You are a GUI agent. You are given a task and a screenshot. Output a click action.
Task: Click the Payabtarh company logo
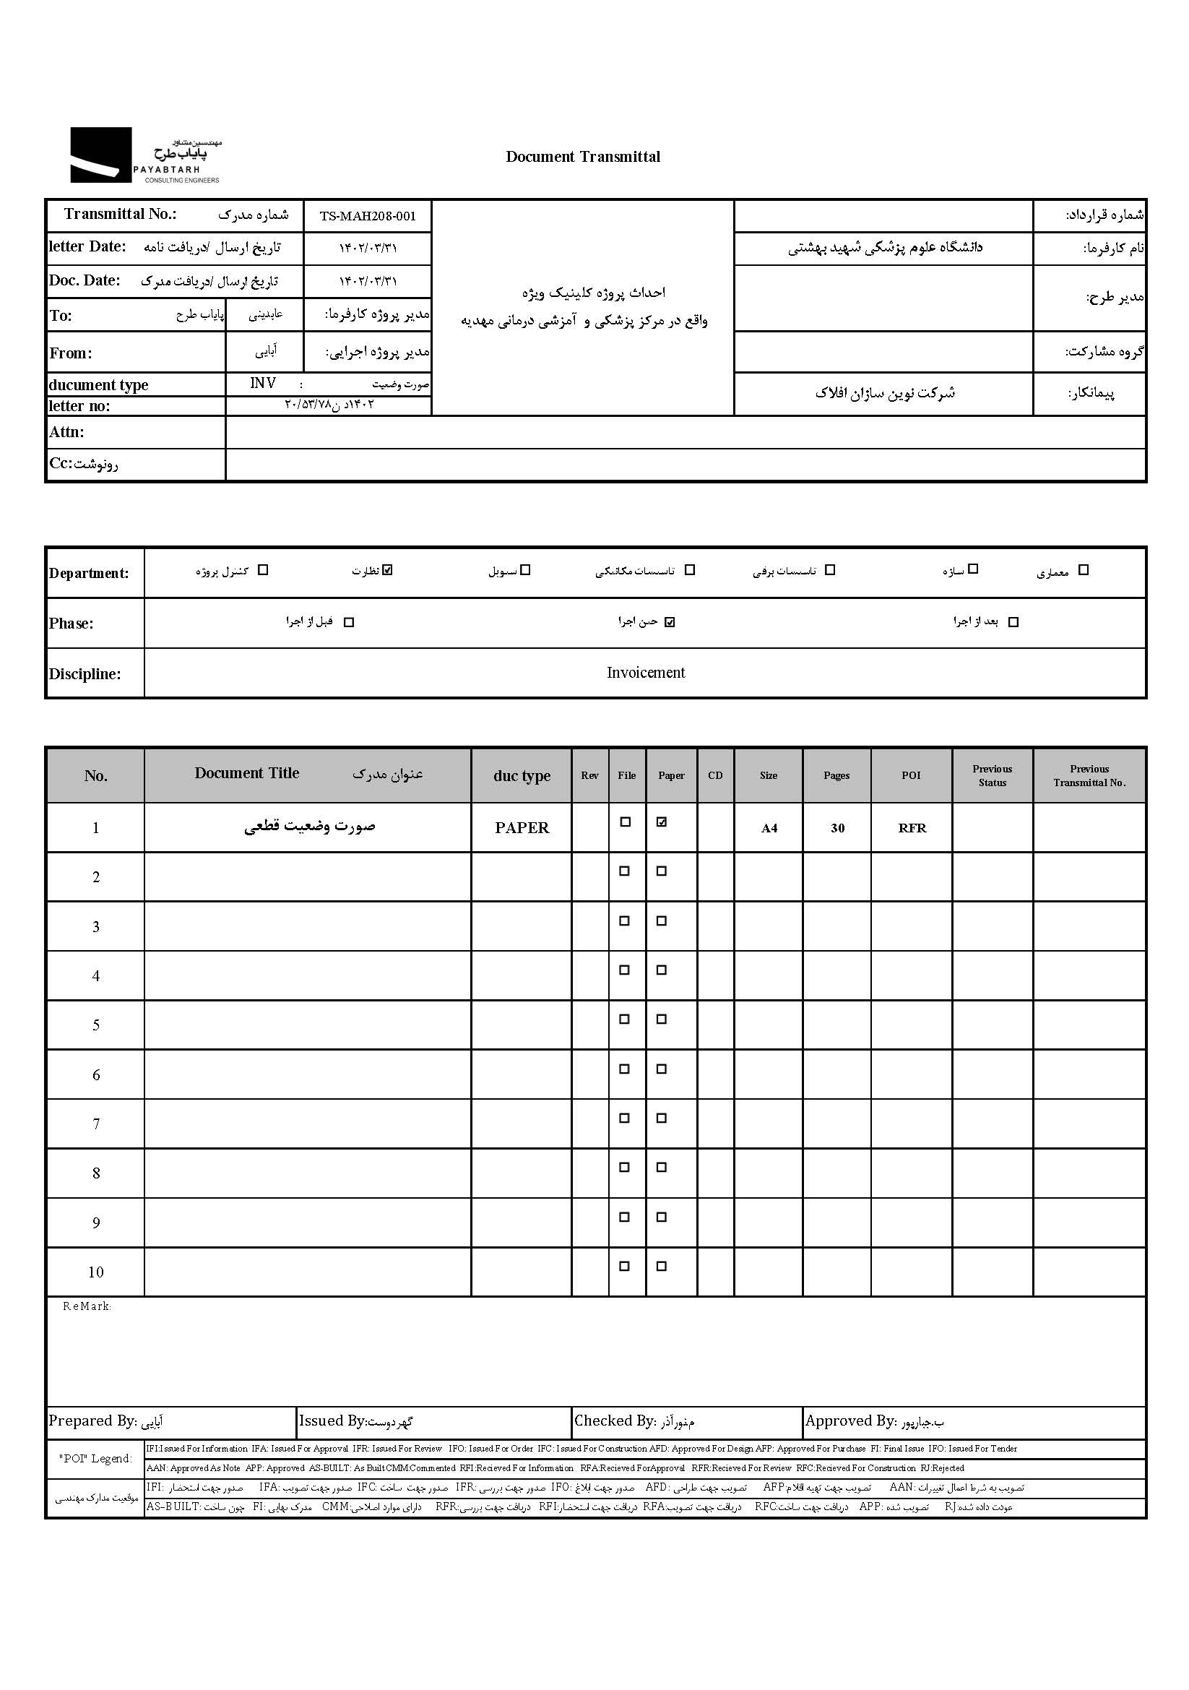point(145,155)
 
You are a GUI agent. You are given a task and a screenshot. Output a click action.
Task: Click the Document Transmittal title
point(583,157)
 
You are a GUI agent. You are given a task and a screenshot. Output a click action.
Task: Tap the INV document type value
point(263,384)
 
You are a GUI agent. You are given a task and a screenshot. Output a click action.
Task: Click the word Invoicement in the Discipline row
point(645,673)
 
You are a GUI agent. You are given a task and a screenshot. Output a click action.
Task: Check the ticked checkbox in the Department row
point(388,569)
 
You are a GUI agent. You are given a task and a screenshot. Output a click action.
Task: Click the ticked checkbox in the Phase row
point(669,622)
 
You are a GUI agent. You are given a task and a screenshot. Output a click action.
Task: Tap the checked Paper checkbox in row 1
point(662,822)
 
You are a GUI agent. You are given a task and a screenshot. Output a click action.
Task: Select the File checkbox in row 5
point(625,1019)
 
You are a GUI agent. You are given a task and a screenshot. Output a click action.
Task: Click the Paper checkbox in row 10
point(662,1267)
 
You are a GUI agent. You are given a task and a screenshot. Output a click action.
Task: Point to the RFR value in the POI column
point(912,828)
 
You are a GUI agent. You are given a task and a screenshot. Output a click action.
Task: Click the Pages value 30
point(837,828)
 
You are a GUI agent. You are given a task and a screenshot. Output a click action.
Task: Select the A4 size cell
point(769,828)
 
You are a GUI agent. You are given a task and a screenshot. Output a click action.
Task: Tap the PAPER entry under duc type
point(522,828)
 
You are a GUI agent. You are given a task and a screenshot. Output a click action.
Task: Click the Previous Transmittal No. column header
point(1089,776)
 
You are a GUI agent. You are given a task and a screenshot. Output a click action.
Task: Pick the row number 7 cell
point(95,1124)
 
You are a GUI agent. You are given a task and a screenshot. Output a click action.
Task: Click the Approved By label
point(850,1421)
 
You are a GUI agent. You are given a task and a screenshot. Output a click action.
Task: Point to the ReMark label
point(87,1306)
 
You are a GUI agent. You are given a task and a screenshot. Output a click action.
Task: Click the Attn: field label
point(67,432)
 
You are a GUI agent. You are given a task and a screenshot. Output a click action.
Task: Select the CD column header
point(715,776)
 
